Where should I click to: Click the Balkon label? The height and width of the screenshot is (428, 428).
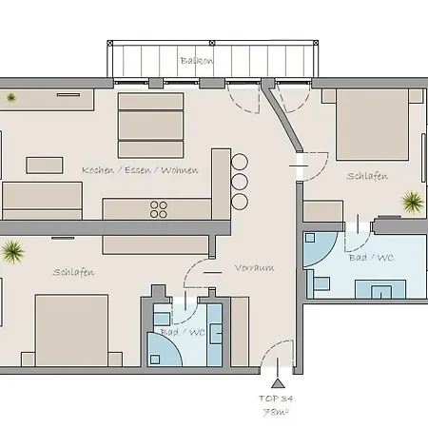(196, 61)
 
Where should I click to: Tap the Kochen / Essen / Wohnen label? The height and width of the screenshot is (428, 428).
(140, 170)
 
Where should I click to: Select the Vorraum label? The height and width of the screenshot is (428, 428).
(254, 268)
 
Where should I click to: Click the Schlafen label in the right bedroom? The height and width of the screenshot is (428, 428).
(366, 176)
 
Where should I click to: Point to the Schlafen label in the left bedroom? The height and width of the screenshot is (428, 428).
(73, 273)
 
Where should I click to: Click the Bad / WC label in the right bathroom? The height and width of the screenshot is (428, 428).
(370, 258)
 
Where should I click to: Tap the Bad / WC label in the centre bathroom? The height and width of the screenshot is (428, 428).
(183, 332)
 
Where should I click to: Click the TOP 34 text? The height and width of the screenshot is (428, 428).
(276, 399)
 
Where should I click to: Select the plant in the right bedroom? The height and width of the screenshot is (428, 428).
(413, 201)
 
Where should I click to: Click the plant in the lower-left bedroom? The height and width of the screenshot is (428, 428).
(13, 252)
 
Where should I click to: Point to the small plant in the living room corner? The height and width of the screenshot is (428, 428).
(11, 97)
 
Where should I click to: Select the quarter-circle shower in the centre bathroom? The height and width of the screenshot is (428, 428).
(165, 351)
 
